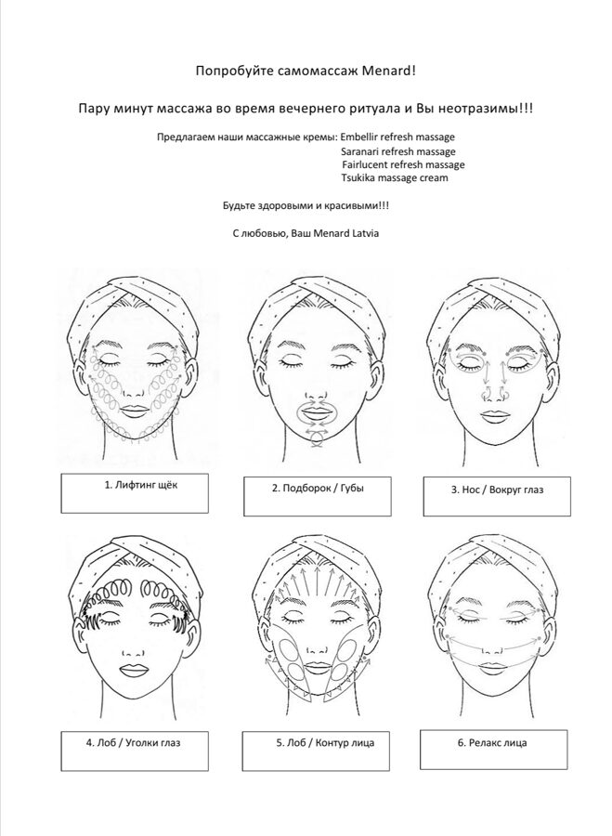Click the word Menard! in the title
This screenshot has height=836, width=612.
[388, 71]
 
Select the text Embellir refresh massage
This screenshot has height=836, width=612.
[397, 137]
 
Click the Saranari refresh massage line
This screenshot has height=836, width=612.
[398, 151]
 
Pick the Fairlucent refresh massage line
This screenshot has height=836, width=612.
[404, 164]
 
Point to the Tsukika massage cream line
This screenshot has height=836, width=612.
[395, 177]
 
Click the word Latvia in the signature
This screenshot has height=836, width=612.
[366, 233]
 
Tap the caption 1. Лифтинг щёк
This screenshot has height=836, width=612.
[141, 486]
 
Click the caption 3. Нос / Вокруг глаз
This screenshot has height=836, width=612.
[498, 490]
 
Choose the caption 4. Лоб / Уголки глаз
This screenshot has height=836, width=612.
[133, 742]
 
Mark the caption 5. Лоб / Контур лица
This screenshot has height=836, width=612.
[325, 743]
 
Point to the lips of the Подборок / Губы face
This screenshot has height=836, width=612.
[316, 413]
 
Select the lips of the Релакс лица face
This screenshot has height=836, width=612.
[494, 669]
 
